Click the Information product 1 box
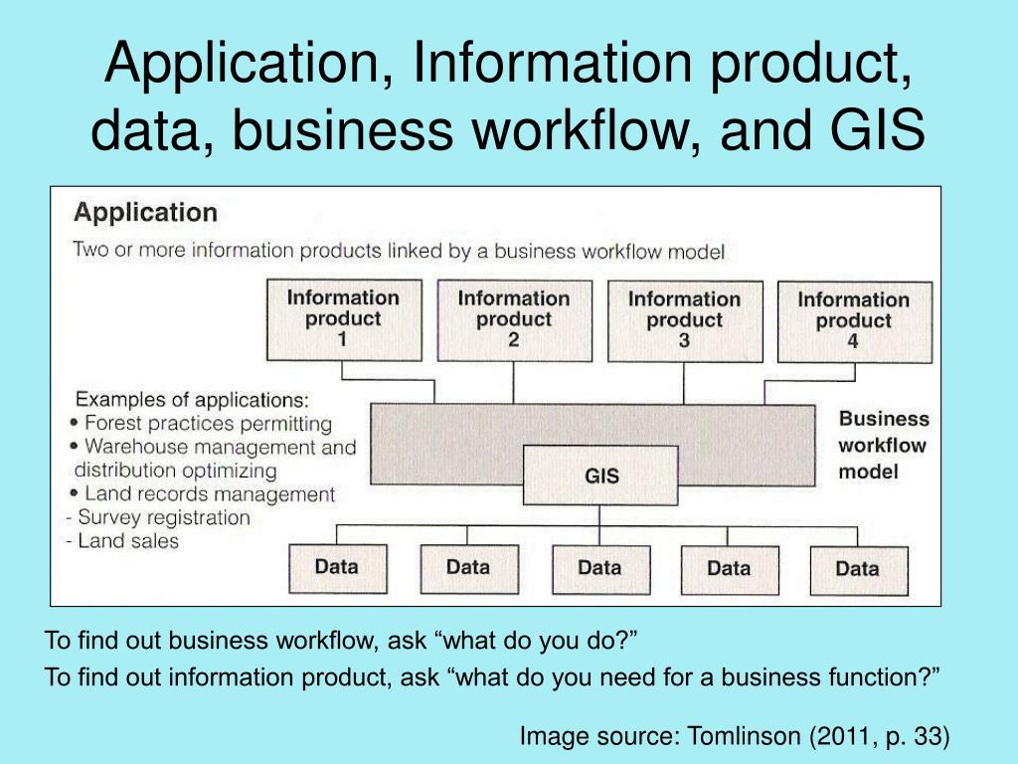(x=343, y=319)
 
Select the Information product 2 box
(x=514, y=320)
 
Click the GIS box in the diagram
(x=601, y=476)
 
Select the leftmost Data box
(x=336, y=569)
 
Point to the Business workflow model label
(x=883, y=445)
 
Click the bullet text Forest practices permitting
(x=208, y=423)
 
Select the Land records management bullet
(x=209, y=493)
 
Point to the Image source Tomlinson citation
(x=735, y=736)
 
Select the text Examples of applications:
(x=193, y=400)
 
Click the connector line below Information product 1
(x=343, y=370)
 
